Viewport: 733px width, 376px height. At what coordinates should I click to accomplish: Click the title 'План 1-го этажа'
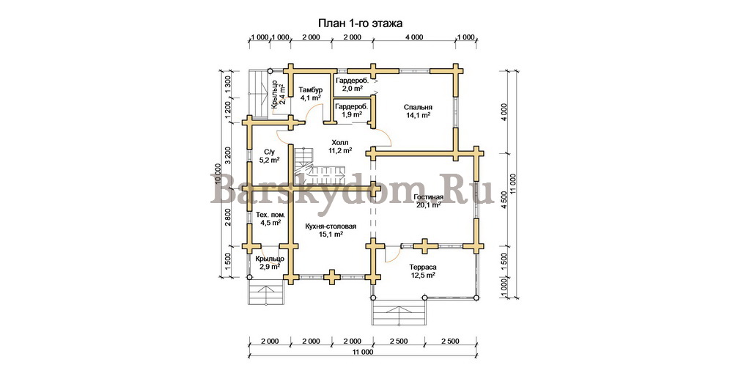[360, 23]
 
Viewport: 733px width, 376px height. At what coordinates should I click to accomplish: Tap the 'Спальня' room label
[419, 107]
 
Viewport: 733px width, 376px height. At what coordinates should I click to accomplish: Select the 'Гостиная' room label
[429, 197]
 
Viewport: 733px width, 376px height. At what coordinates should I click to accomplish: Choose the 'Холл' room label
[340, 142]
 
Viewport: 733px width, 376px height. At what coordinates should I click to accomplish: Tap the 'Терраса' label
[423, 267]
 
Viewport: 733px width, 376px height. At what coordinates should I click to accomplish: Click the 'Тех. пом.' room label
[270, 215]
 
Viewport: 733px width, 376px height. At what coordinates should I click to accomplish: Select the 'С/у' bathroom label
[269, 152]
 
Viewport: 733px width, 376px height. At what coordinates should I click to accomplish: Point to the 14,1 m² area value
[418, 115]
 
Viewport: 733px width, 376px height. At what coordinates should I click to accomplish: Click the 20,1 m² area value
[429, 204]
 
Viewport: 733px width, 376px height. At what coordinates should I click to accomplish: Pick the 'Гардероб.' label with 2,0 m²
[352, 81]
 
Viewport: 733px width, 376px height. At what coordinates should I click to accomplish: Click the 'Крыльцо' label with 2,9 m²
[270, 259]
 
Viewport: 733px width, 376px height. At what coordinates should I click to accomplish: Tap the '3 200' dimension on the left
[228, 155]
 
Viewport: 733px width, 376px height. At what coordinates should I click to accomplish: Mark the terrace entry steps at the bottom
[399, 312]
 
